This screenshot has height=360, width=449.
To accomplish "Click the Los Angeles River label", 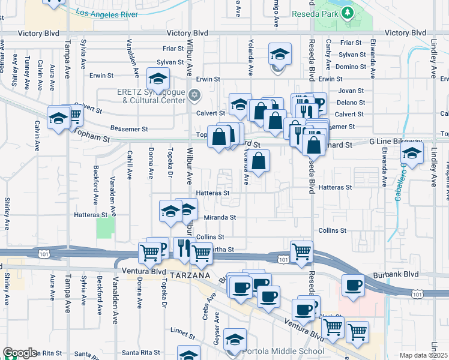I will pyautogui.click(x=107, y=13).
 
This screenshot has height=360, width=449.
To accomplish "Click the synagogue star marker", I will pyautogui.click(x=194, y=95).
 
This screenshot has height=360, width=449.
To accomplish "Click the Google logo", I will pyautogui.click(x=19, y=352).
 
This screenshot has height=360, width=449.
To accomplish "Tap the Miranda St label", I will pyautogui.click(x=220, y=217).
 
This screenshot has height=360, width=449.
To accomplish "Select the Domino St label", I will pyautogui.click(x=351, y=67).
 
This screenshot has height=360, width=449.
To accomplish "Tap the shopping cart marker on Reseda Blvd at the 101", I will pyautogui.click(x=301, y=251).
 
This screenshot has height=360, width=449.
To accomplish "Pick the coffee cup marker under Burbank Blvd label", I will pyautogui.click(x=353, y=285).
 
